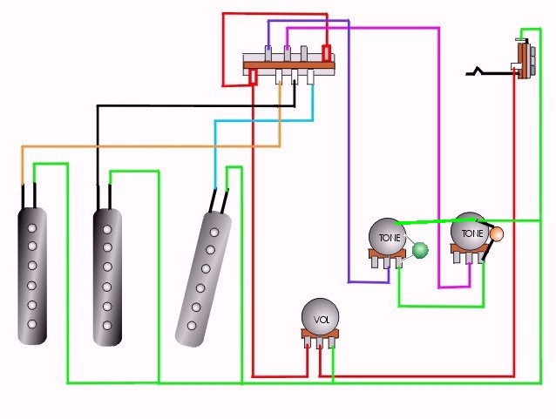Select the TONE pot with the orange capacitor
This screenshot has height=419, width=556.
(470, 233)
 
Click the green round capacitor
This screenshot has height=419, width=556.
(420, 251)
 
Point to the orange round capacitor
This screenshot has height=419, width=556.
(498, 233)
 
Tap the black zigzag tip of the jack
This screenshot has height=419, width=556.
(478, 71)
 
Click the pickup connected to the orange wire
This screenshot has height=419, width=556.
(31, 270)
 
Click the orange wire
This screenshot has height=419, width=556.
(148, 146)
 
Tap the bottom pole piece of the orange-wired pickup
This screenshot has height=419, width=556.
(31, 325)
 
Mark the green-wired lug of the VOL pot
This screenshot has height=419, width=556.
(332, 343)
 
